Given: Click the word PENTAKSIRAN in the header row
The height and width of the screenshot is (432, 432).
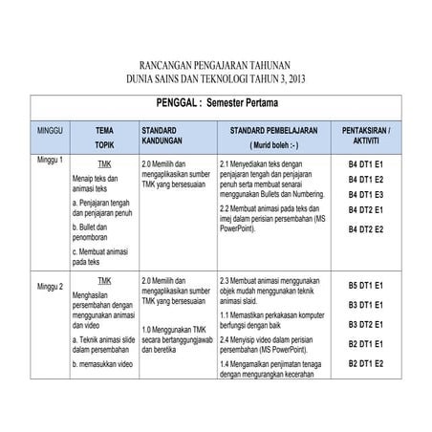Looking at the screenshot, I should click(364, 128).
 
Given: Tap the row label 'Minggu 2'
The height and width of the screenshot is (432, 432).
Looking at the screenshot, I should click(50, 286).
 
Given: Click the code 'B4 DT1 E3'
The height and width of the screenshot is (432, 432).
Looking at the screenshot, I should click(364, 194).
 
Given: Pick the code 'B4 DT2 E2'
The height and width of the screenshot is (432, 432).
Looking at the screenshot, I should click(364, 229).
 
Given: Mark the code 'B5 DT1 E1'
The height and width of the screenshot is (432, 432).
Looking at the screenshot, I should click(364, 285).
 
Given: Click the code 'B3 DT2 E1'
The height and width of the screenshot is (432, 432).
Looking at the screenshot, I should click(364, 324).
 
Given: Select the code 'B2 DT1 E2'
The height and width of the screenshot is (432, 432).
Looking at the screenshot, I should click(364, 363).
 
